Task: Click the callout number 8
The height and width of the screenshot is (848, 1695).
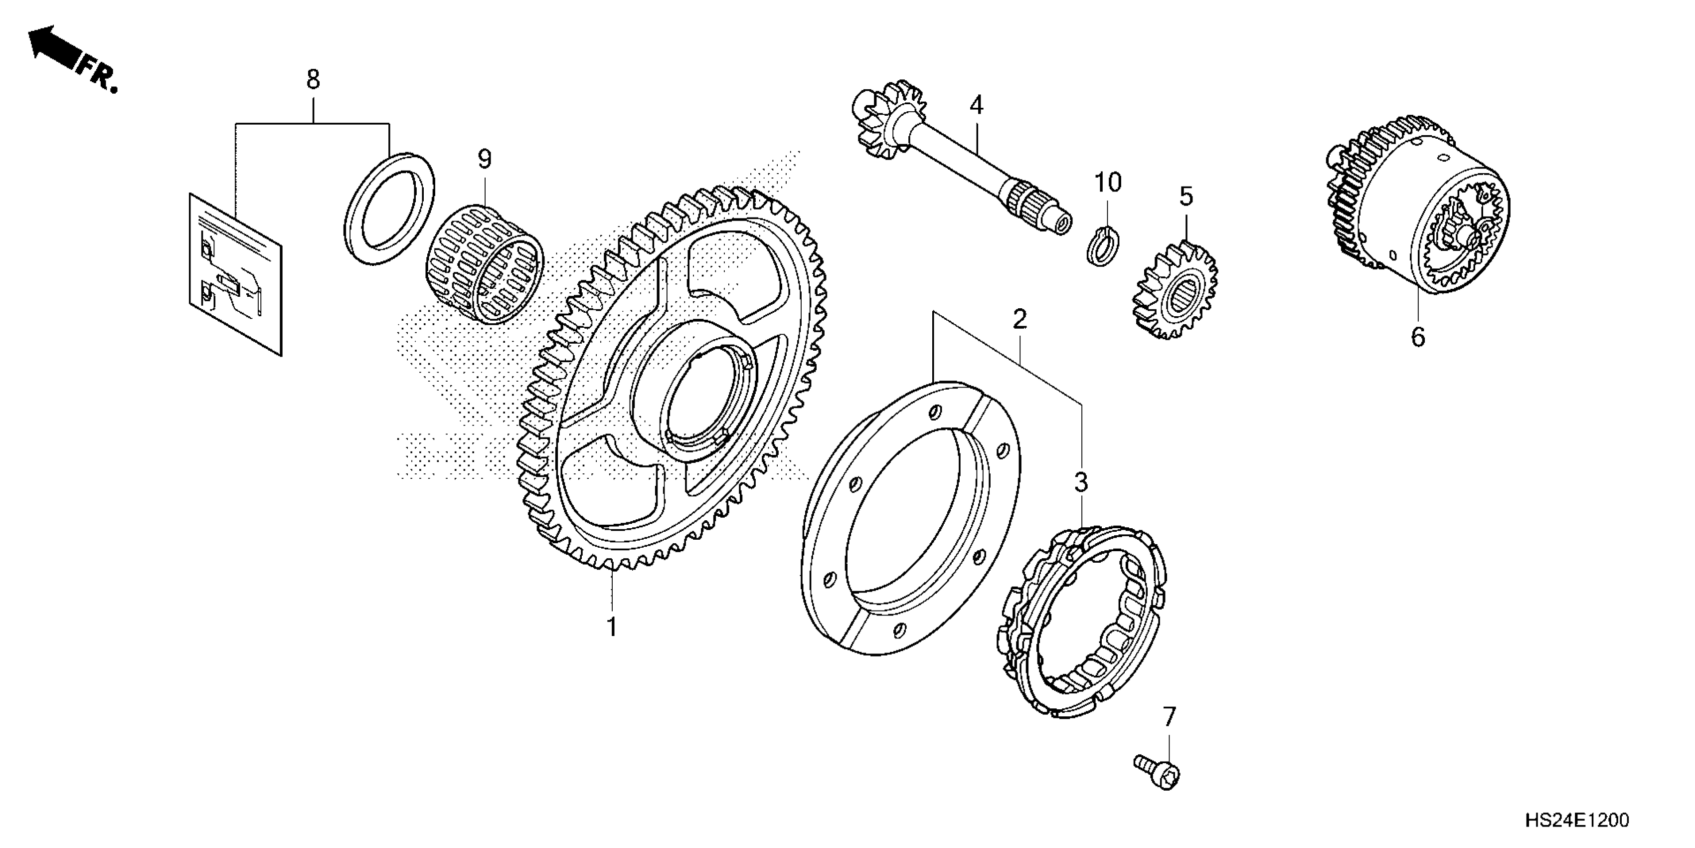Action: [313, 80]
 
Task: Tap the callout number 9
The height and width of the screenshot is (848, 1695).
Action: [484, 159]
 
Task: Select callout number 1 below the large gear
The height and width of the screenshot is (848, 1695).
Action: [612, 628]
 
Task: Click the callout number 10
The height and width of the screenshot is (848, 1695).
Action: [1107, 183]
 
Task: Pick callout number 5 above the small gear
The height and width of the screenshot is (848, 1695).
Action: [1186, 196]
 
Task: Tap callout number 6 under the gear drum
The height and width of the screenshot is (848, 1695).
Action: [1417, 337]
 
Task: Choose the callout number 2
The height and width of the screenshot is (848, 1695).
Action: [1019, 320]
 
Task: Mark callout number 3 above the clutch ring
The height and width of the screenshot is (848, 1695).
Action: [1081, 482]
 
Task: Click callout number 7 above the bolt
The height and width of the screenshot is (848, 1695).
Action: [1169, 717]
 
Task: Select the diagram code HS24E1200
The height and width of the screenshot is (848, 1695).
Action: [1575, 821]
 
